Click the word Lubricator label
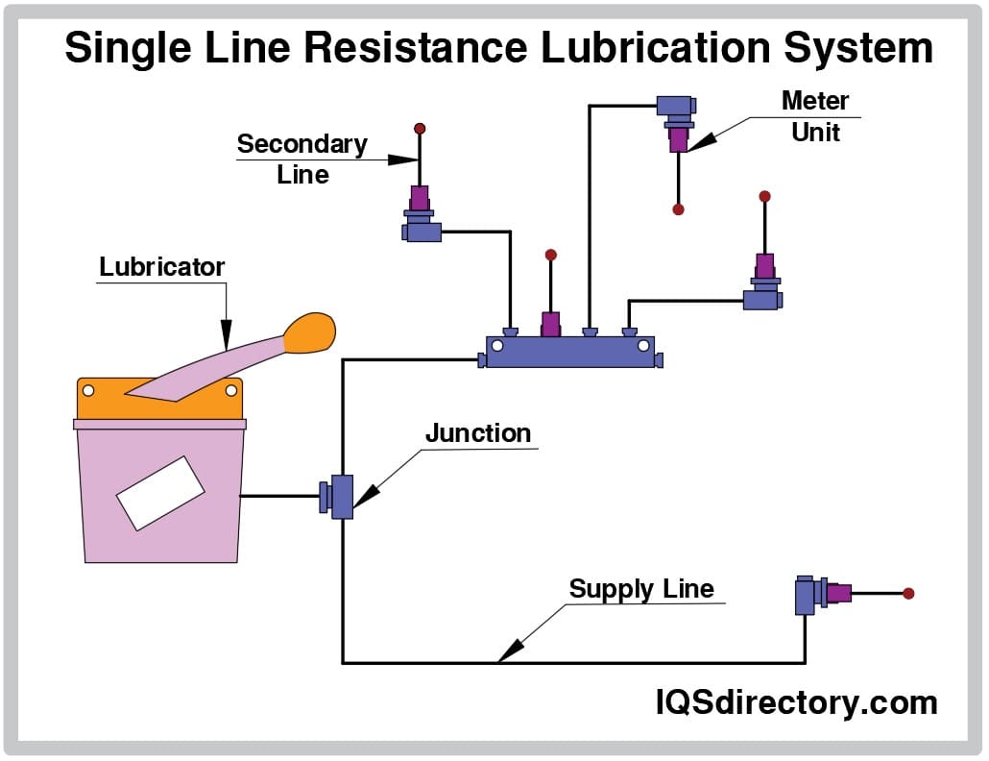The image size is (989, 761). (x=161, y=267)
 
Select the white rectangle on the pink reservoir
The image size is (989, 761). (x=160, y=493)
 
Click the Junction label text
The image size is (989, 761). (x=478, y=433)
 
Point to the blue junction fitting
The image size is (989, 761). (x=341, y=496)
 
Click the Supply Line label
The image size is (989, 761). (x=641, y=589)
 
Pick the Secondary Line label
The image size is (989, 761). (x=302, y=159)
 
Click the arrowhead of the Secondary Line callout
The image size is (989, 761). (x=404, y=160)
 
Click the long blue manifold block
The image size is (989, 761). (x=570, y=352)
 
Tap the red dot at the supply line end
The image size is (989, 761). (x=908, y=593)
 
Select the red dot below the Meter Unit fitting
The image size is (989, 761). (x=679, y=209)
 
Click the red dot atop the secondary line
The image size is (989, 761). (x=420, y=128)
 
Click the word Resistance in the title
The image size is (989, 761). (x=431, y=48)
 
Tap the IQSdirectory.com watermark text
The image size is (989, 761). (x=796, y=703)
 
